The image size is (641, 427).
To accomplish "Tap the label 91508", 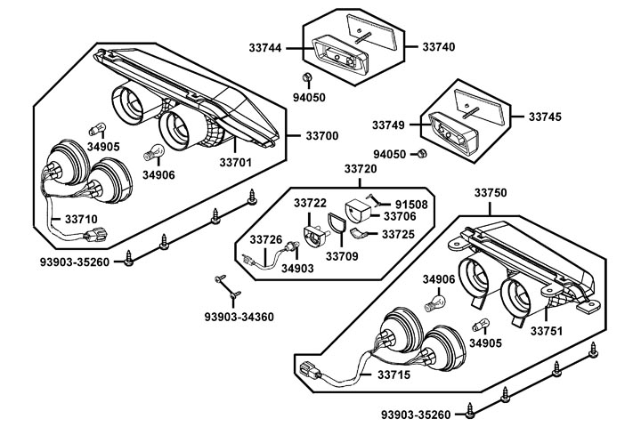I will pos(410,203).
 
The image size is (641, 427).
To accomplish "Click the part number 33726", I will pos(266,239).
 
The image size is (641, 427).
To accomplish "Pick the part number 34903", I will pos(296,267).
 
